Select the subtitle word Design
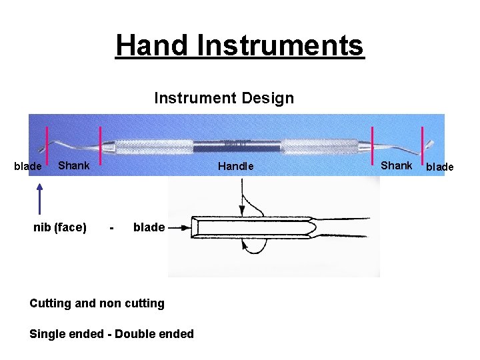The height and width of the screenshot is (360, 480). tap(267, 99)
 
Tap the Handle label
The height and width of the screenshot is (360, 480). tap(236, 166)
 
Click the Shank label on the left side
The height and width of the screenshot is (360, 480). tap(73, 165)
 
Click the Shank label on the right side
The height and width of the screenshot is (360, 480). tap(397, 165)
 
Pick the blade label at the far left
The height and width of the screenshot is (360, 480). tap(28, 166)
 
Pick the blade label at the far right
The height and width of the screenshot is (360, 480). tap(440, 167)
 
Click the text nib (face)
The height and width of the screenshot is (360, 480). tap(60, 227)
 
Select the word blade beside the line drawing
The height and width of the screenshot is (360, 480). tap(149, 227)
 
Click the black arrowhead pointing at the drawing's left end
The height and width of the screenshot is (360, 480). tap(185, 227)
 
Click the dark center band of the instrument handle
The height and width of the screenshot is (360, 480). tap(237, 145)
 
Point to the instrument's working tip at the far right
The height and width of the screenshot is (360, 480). tap(430, 143)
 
